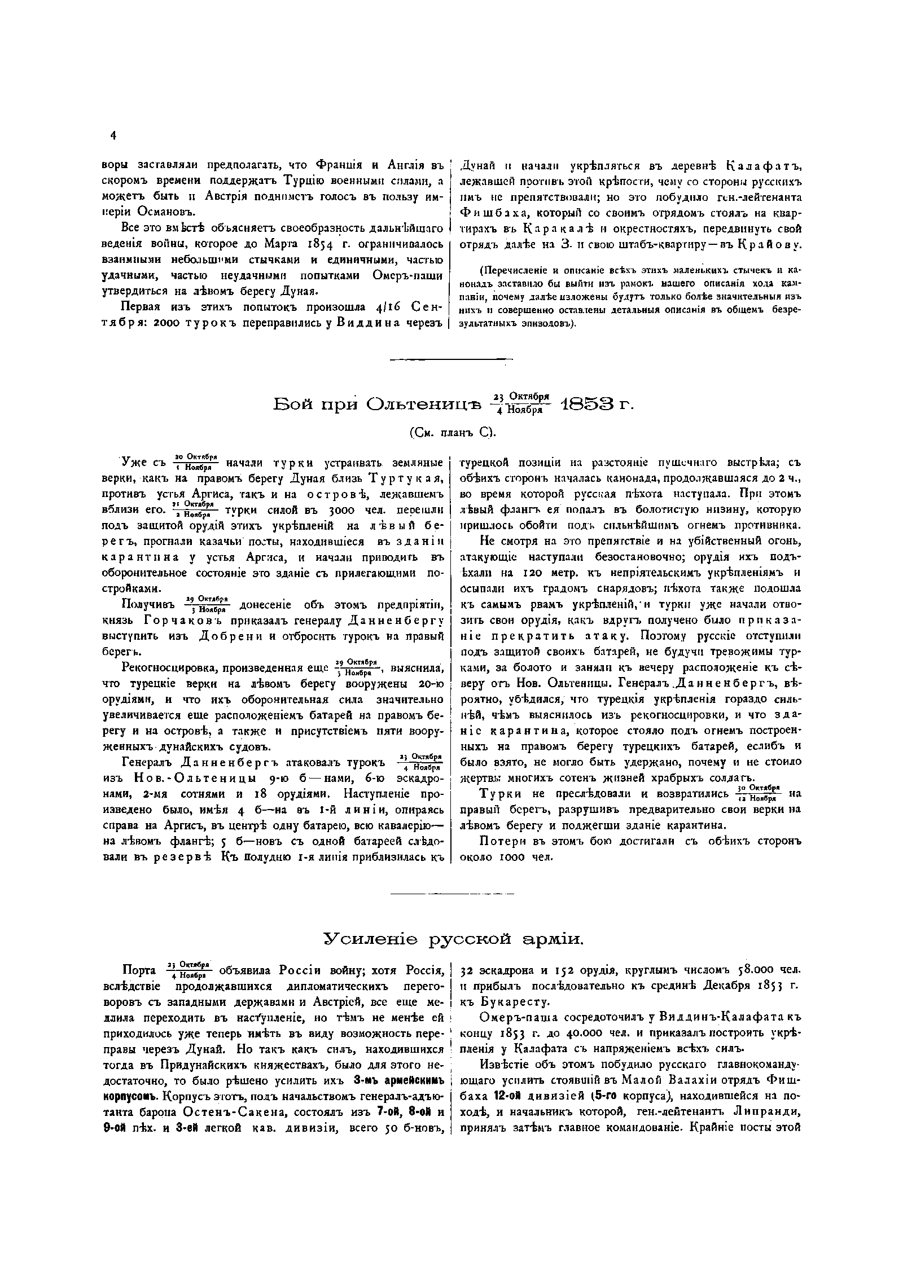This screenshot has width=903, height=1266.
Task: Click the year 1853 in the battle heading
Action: pos(586,404)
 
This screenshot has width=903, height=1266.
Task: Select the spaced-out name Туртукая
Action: pos(406,479)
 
